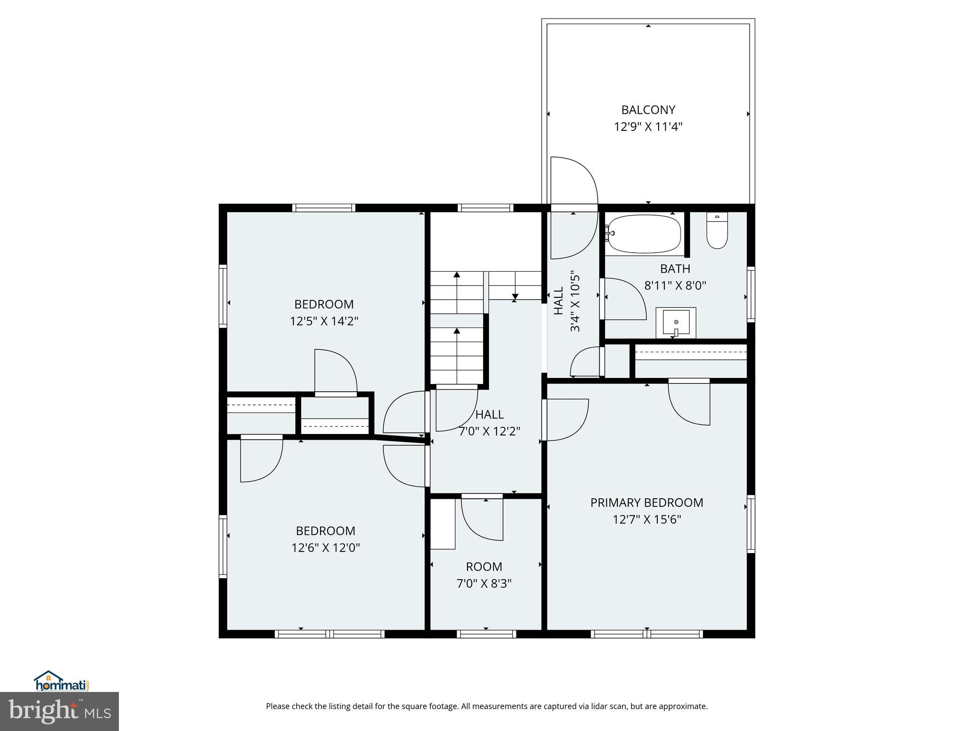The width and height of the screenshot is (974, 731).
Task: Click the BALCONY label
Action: [x=648, y=110]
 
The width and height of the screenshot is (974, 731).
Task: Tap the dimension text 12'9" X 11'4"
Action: [x=648, y=127]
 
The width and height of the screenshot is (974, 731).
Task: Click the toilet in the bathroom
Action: [x=717, y=231]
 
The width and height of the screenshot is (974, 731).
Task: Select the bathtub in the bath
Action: [x=644, y=234]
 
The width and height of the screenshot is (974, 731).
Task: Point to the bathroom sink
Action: [x=676, y=323]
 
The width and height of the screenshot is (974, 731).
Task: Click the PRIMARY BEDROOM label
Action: [x=646, y=503]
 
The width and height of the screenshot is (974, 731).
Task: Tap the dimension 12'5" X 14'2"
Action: [x=324, y=321]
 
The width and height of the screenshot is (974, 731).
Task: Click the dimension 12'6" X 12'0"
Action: [x=325, y=548]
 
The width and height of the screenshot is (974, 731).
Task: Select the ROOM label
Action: [x=484, y=567]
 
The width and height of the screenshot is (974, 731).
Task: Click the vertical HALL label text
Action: [x=559, y=300]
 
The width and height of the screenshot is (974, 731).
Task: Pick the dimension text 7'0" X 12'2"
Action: [x=489, y=432]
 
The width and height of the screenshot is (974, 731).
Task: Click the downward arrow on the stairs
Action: [x=515, y=297]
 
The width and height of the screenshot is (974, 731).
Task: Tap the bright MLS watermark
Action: [x=59, y=711]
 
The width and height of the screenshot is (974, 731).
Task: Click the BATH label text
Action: [x=675, y=269]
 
